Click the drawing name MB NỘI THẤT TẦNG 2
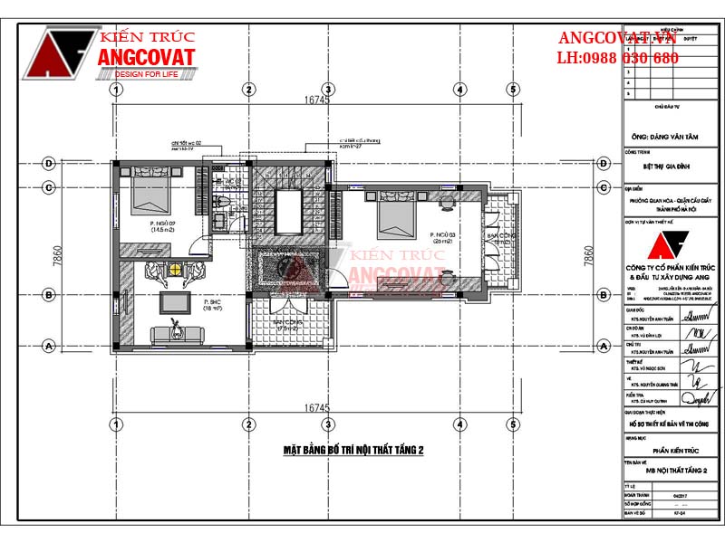672,471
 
